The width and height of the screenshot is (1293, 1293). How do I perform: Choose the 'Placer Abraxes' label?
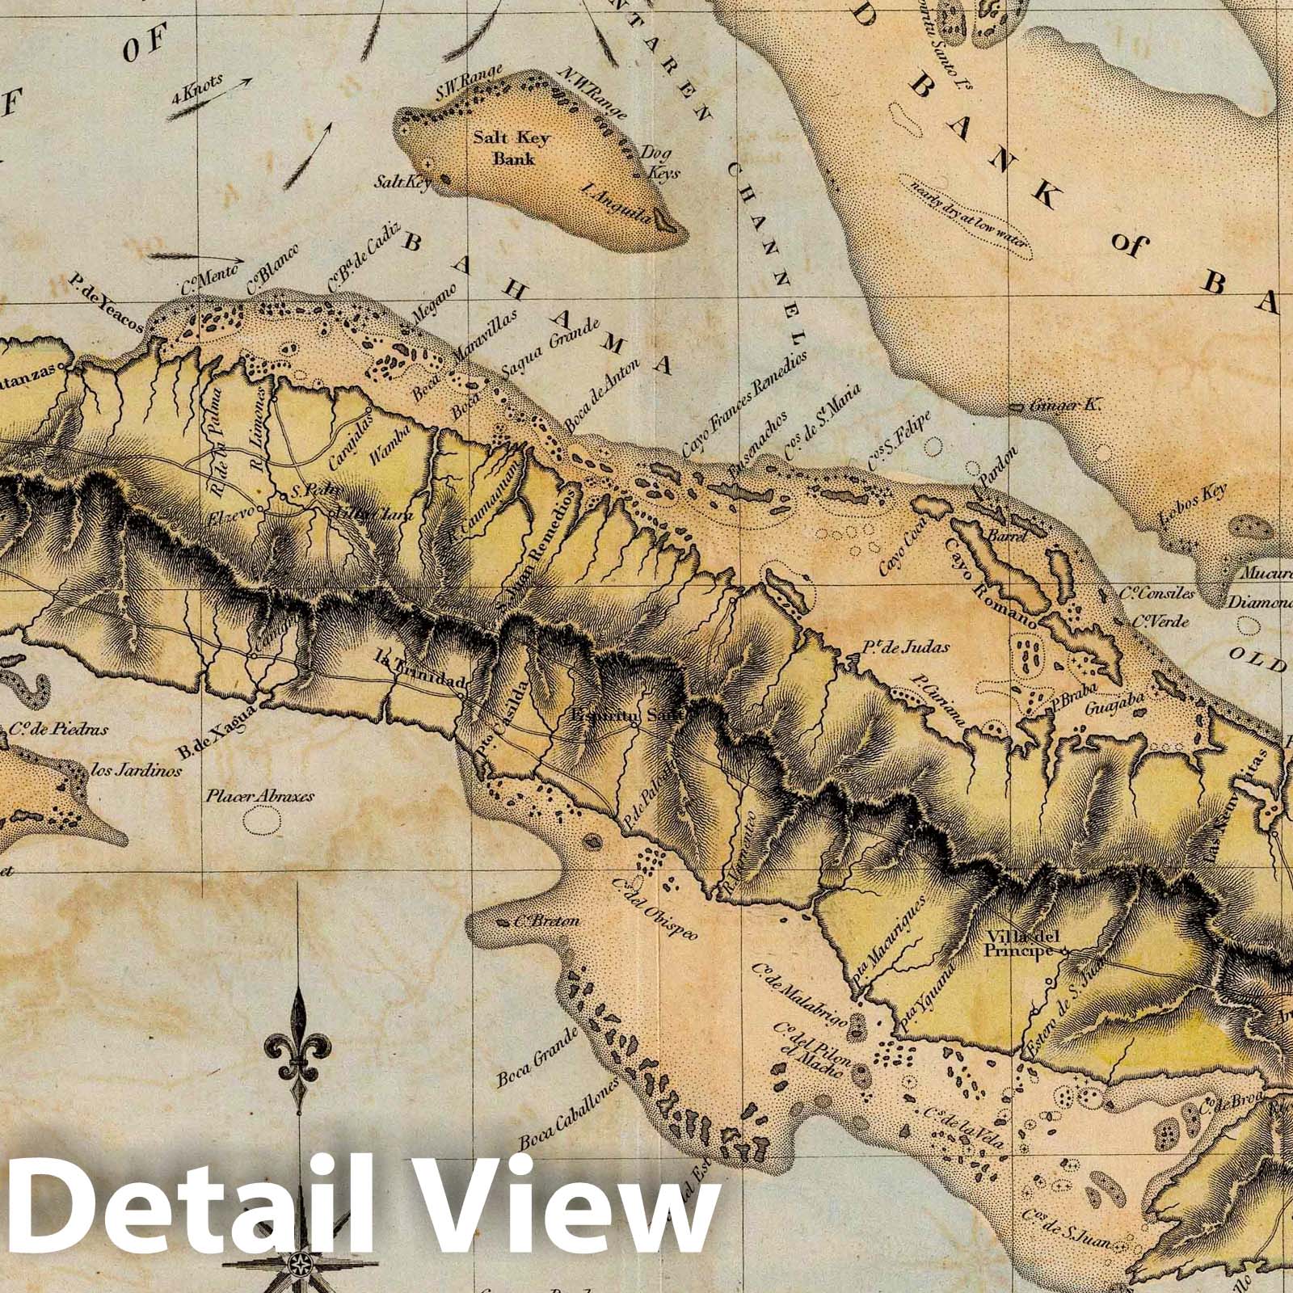pyautogui.click(x=259, y=795)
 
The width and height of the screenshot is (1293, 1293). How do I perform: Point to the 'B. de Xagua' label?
pyautogui.click(x=218, y=730)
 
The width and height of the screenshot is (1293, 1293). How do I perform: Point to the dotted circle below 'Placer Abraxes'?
pyautogui.click(x=259, y=821)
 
